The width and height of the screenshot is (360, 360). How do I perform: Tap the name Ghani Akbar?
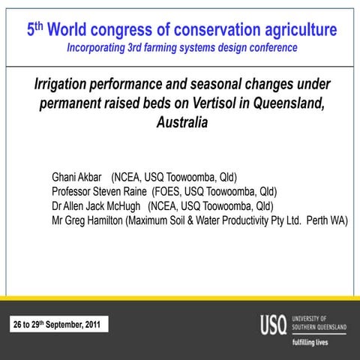point(78,178)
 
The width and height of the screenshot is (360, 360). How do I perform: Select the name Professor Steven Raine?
point(99,191)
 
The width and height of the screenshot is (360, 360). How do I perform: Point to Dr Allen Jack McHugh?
point(97,205)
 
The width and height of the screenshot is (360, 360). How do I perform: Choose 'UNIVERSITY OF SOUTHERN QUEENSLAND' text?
point(319,323)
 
